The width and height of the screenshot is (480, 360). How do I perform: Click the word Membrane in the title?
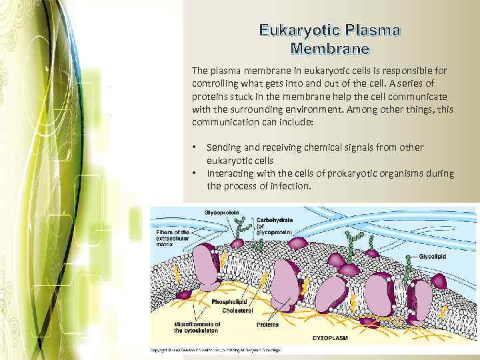coord(331,49)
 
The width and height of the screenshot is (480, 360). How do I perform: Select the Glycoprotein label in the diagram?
coord(223,213)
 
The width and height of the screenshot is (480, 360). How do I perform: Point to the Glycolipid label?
coord(433,255)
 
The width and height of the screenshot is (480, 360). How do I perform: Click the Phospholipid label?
coord(230,302)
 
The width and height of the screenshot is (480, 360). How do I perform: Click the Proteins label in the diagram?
coord(267,325)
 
